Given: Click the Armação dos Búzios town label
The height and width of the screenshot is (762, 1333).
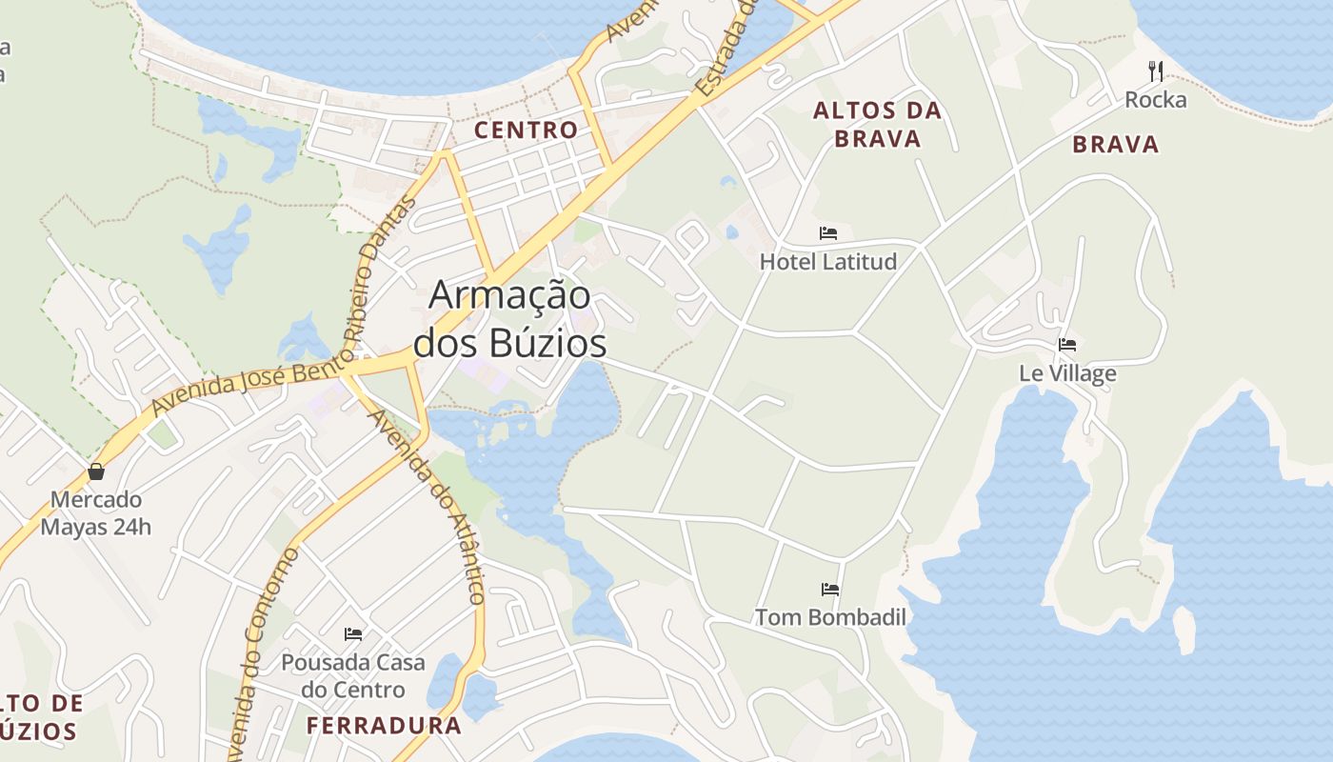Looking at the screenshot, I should click(x=510, y=319).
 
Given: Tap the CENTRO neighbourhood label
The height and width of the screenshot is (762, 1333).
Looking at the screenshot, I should click(x=526, y=130).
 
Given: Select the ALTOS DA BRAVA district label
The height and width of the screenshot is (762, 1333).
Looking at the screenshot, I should click(x=877, y=125).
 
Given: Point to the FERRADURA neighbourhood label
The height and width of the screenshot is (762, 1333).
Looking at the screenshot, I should click(x=384, y=726).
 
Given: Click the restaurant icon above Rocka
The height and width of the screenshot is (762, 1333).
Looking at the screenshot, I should click(x=1156, y=70).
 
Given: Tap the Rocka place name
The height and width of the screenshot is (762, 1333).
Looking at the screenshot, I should click(x=1156, y=100).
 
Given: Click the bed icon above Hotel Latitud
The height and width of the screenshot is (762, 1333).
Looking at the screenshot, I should click(x=828, y=233).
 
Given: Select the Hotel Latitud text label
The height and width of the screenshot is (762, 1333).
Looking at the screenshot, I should click(x=828, y=261).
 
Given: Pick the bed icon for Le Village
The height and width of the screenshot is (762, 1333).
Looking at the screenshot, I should click(x=1067, y=345).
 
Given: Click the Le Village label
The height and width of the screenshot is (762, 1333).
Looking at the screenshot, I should click(x=1067, y=373).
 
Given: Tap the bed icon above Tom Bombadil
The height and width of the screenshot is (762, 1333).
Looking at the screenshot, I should click(x=830, y=590).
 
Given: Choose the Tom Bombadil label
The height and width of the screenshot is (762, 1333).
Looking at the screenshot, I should click(x=830, y=617).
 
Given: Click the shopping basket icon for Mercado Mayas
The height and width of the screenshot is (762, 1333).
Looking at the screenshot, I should click(x=96, y=471).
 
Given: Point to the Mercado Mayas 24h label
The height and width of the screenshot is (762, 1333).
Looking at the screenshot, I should click(x=95, y=513).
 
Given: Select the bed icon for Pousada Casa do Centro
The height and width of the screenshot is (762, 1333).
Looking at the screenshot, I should click(x=353, y=633).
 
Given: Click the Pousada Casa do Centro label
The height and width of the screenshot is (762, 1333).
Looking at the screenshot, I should click(x=353, y=675).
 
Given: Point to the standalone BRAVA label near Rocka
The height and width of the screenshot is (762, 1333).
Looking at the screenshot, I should click(x=1116, y=145).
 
